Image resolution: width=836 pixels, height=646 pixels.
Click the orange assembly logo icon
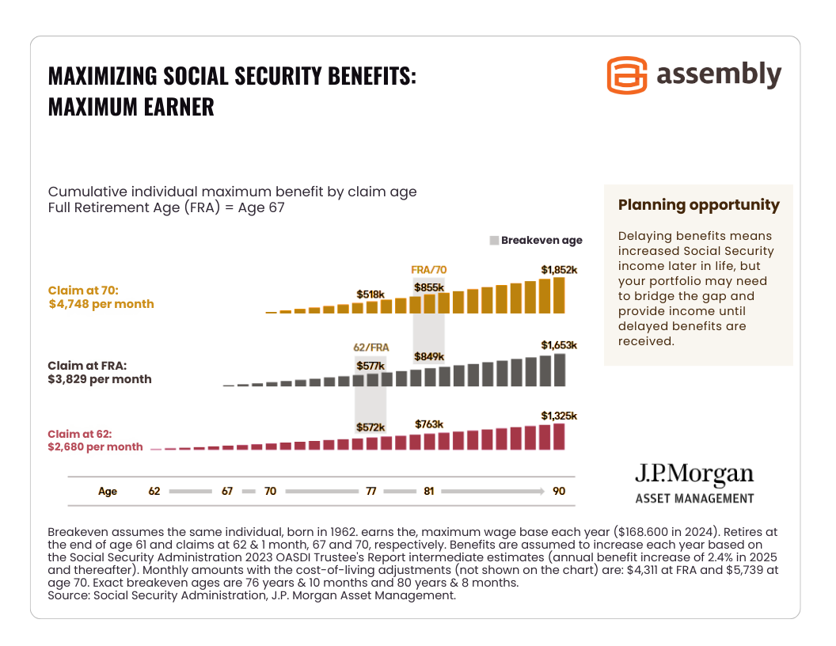coord(627,75)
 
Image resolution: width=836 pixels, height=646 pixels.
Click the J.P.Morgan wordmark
coord(693,474)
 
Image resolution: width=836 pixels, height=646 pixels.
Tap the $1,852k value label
coord(559,270)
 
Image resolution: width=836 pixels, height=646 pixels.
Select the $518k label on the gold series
coord(370,294)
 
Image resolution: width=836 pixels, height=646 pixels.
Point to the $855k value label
coord(429,287)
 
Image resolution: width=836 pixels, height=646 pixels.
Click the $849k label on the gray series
coord(429,356)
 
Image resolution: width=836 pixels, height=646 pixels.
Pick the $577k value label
coord(370,366)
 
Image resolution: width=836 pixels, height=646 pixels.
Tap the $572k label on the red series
coord(370,427)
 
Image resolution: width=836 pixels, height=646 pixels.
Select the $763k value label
coord(429,424)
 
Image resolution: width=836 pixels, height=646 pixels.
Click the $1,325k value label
coord(559,416)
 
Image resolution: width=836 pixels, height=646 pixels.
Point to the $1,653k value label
coord(559,345)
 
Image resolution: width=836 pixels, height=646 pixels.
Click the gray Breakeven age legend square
coord(495,241)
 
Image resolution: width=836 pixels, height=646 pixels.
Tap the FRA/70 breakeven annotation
coord(429,269)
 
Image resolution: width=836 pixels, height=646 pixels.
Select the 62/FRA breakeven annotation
coord(370,347)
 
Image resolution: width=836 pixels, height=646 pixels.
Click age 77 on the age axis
coord(370,491)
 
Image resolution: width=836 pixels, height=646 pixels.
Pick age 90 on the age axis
coord(559,491)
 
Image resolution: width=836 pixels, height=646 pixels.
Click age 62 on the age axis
coord(154,491)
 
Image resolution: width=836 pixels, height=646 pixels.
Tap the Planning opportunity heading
coord(698,205)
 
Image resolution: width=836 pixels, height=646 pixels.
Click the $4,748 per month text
coord(101,304)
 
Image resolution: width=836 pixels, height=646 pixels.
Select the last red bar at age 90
coord(559,436)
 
